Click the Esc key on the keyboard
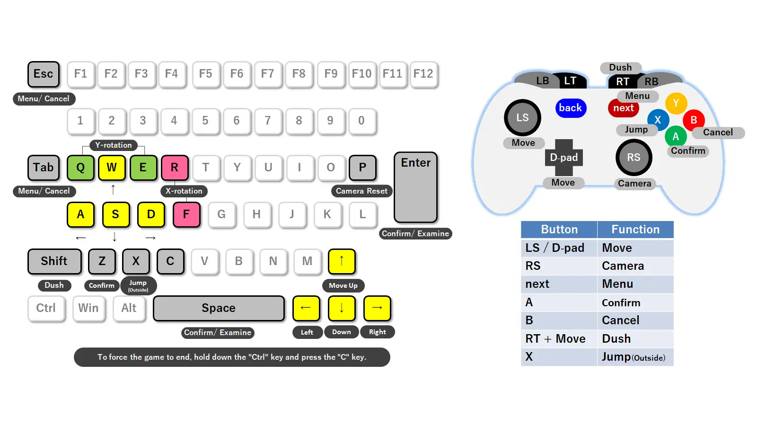(44, 74)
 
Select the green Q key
(80, 168)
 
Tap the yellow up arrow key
(341, 261)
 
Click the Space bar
(219, 308)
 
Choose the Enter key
(415, 187)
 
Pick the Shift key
(54, 261)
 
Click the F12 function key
(423, 74)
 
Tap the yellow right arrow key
(377, 308)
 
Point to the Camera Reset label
(361, 191)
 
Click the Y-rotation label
(114, 145)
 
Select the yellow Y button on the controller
(676, 103)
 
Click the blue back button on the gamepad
(571, 108)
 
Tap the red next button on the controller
(623, 108)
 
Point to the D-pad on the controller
(563, 158)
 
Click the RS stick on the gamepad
(634, 158)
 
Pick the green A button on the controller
(676, 137)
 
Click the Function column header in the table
(635, 230)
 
